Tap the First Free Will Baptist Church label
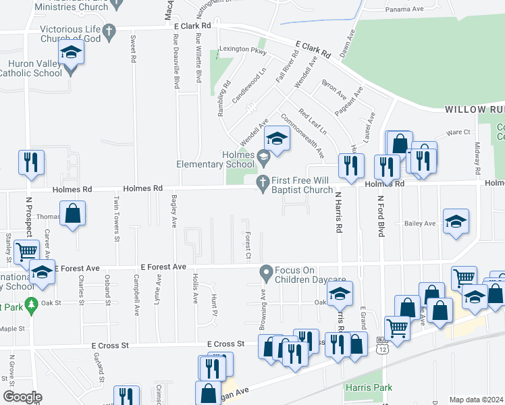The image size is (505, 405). (302, 186)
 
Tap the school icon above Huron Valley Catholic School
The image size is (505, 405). (70, 52)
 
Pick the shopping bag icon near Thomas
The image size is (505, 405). (72, 213)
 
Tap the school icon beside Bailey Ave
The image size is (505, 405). (456, 221)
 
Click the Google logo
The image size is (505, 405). (22, 397)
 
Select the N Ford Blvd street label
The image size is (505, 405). (381, 217)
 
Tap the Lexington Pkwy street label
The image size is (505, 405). (244, 52)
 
